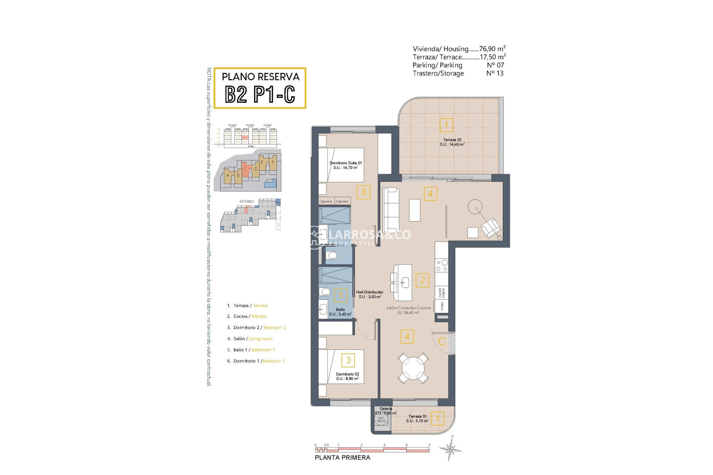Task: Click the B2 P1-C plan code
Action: coord(260,94)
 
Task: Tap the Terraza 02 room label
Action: coord(452,142)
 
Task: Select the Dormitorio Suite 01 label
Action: coord(345,165)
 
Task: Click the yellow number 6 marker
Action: coord(364,192)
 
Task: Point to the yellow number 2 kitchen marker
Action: coord(422,280)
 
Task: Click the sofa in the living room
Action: coord(391,210)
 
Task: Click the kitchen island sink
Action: coord(405,282)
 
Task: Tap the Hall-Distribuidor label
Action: coord(369,294)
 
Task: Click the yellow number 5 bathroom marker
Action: coord(341,295)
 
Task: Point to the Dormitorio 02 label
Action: coord(347,376)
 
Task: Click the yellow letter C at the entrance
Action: coord(442,341)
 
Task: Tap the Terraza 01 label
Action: coord(417,418)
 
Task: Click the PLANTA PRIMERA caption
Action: coord(342,458)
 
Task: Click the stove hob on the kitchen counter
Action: coord(442,265)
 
